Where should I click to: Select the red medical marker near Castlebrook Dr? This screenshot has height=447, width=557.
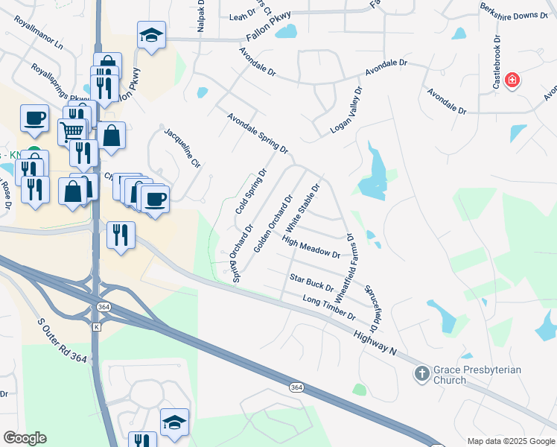pos(512,80)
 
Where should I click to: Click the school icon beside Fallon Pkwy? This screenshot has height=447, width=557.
pos(151,34)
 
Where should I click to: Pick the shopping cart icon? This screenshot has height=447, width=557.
pos(71,131)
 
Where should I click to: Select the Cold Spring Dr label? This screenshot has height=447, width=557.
pos(251,191)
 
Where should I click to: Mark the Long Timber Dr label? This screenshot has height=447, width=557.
pos(329,307)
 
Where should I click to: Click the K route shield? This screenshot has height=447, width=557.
pos(96,327)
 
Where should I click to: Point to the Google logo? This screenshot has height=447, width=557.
pos(25,437)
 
